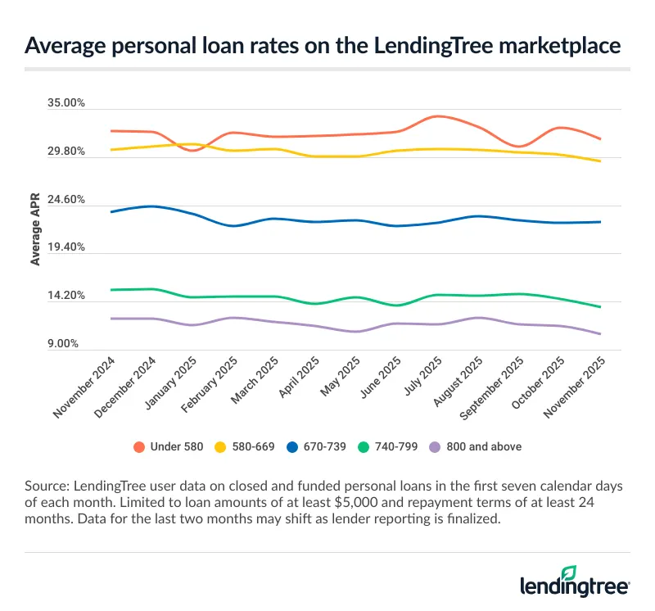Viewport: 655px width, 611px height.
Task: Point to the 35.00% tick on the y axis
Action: click(x=67, y=104)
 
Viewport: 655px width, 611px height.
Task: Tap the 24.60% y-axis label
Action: click(x=67, y=200)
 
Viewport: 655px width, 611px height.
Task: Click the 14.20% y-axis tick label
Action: click(x=67, y=296)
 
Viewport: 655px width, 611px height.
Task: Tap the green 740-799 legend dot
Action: click(x=367, y=447)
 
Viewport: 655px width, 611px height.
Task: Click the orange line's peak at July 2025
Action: click(x=438, y=116)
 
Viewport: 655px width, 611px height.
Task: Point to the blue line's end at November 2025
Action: click(x=600, y=222)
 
